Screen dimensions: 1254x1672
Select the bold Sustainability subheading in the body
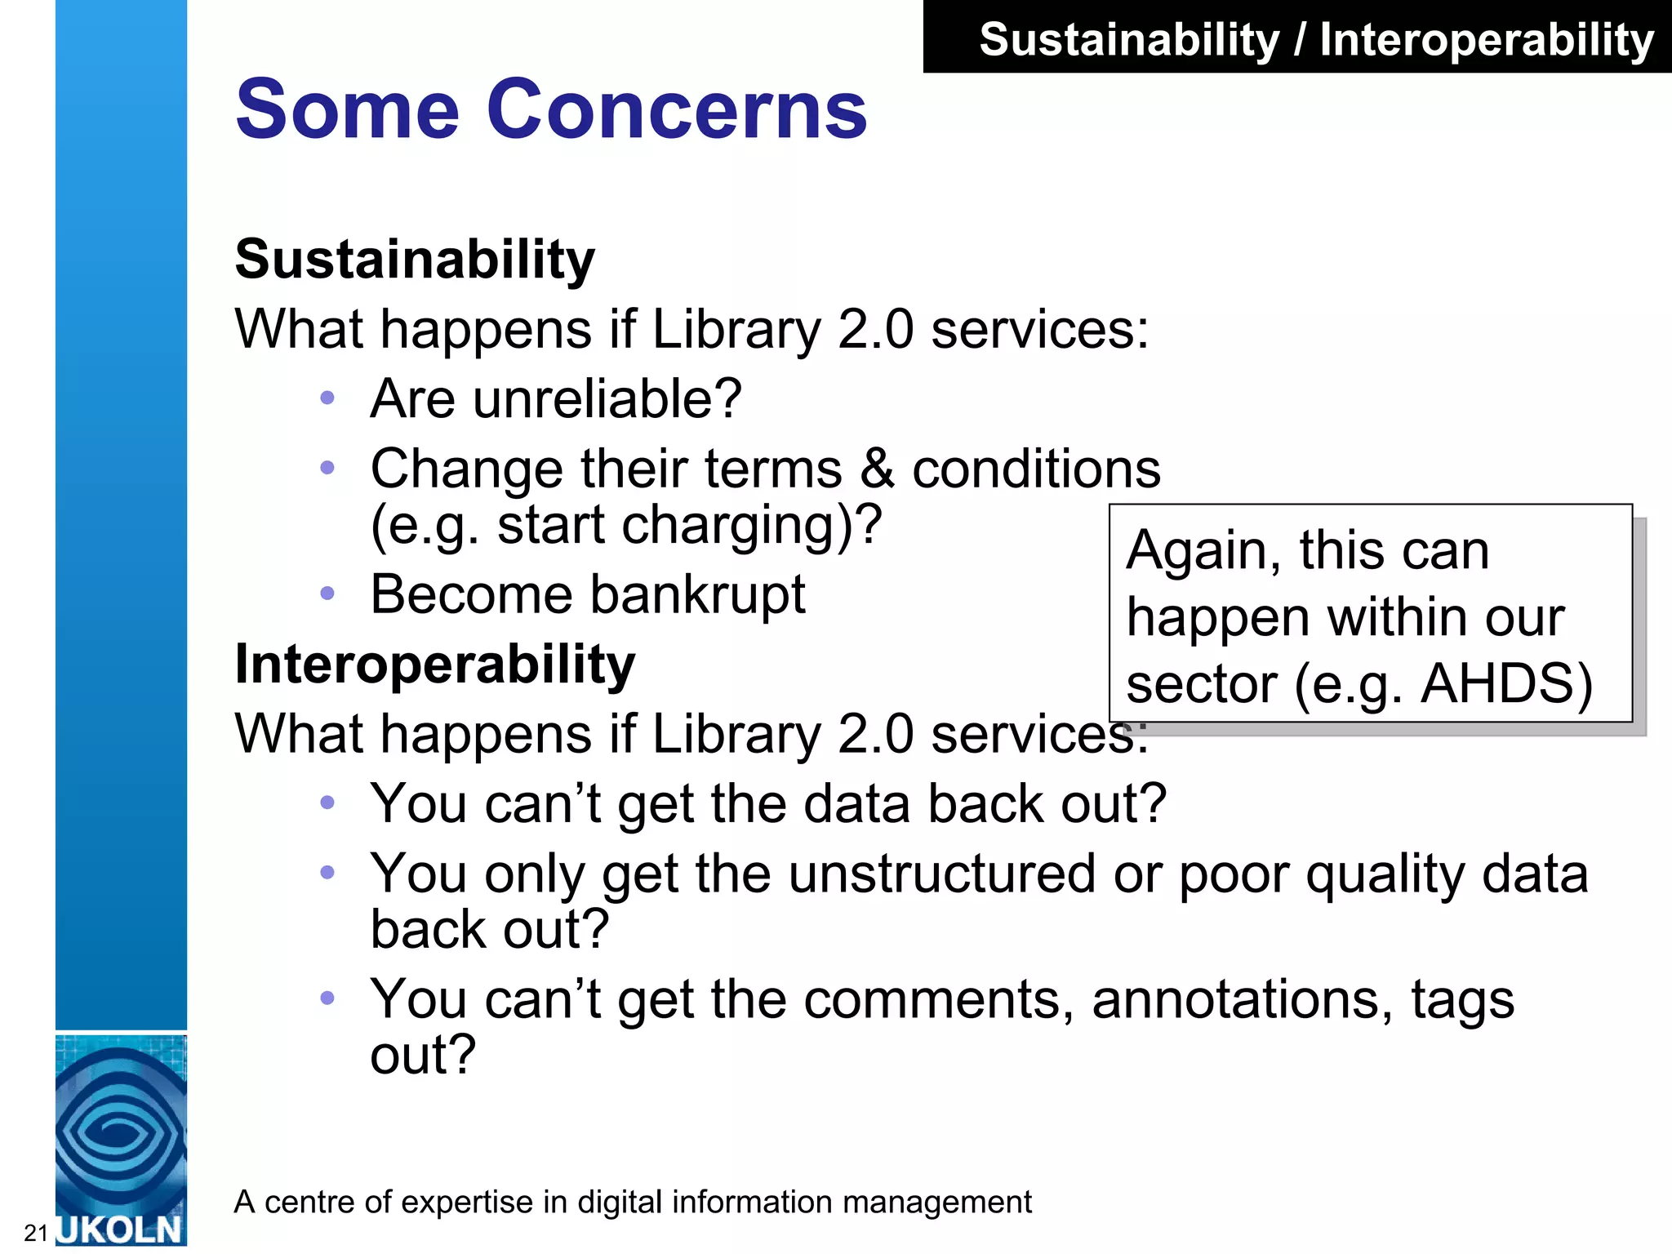[415, 260]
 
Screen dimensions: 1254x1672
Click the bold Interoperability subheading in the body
[434, 664]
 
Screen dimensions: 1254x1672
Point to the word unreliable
[607, 399]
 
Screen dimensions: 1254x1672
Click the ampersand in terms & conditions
[877, 469]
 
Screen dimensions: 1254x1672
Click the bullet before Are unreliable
[327, 398]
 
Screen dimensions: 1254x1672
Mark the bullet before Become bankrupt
[327, 594]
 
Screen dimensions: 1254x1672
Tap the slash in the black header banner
[1299, 40]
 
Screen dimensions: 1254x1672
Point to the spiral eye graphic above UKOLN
[120, 1131]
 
